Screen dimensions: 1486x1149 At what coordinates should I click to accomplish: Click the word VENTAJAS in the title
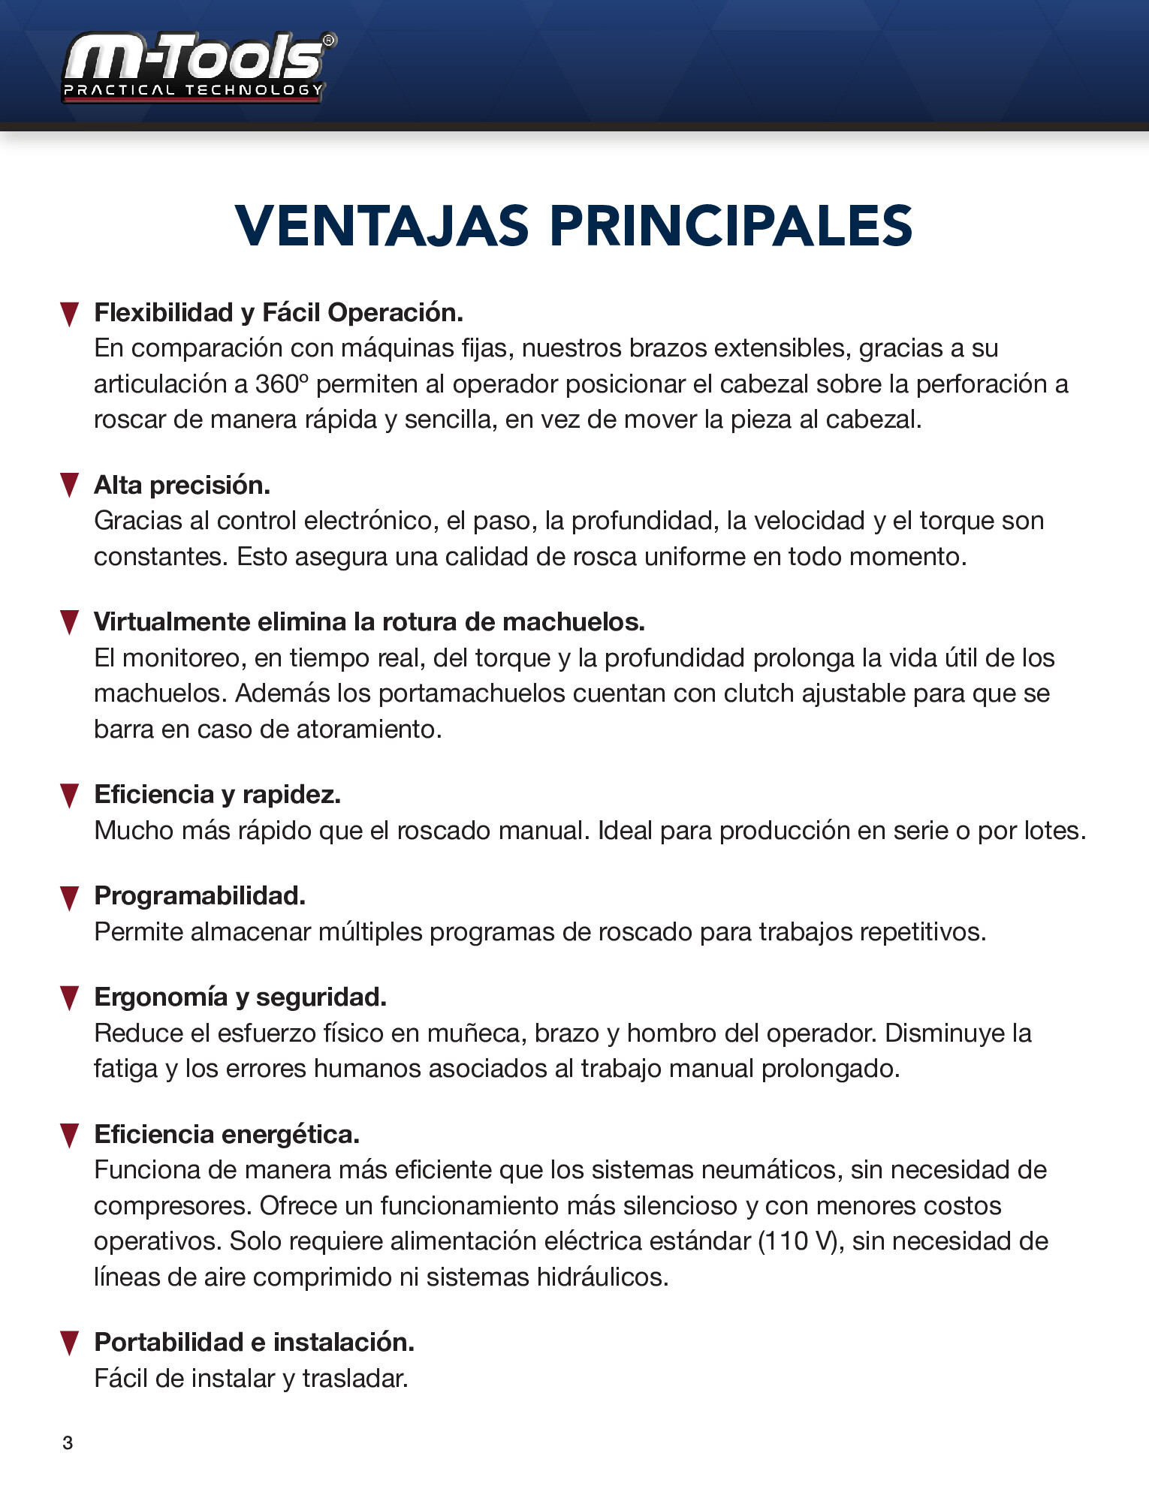382,226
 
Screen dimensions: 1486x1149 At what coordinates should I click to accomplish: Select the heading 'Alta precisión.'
182,486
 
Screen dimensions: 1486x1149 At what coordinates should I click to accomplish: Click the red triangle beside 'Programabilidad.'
69,898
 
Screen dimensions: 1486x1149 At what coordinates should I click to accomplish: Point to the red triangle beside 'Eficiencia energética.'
69,1136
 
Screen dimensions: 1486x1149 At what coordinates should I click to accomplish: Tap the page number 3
68,1442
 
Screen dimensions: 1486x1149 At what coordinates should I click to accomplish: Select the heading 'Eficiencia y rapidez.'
217,794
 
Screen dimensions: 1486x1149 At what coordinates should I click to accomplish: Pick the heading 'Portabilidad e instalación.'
254,1342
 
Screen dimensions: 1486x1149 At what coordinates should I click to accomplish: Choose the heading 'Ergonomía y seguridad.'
240,997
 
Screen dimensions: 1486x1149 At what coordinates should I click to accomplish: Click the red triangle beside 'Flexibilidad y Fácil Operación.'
69,314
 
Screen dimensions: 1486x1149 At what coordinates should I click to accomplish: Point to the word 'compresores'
172,1206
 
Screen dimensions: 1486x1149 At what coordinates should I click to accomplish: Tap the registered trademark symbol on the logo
329,41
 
